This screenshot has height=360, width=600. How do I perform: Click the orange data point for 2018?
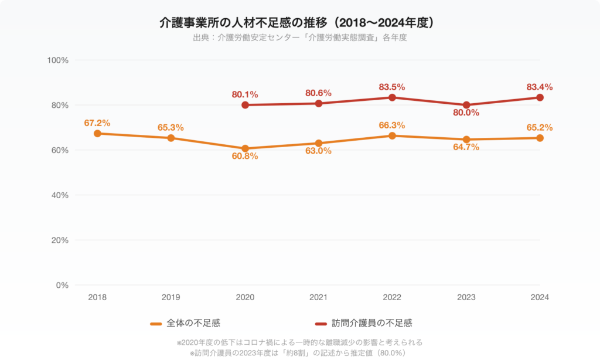[97, 134]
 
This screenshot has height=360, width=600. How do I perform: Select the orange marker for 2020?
[245, 148]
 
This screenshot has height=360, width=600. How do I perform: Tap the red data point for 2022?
[393, 97]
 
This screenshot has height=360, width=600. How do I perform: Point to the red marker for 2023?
[466, 105]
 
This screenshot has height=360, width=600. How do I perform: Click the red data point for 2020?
[245, 105]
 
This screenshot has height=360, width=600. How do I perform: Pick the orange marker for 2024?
[540, 138]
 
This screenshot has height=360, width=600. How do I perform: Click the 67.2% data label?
[97, 123]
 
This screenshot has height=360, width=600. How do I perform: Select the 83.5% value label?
[393, 87]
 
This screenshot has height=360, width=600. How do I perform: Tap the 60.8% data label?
[245, 157]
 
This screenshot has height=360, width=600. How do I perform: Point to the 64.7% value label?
[466, 147]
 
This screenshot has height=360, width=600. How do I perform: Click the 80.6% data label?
[319, 93]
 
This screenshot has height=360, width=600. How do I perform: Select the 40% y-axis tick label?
[60, 195]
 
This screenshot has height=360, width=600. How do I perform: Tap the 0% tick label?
[63, 285]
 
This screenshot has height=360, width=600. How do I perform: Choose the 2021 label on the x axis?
[319, 297]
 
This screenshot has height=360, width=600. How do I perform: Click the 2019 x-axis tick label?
[171, 297]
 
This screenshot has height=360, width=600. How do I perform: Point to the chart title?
[299, 23]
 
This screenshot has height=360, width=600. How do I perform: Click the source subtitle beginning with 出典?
[299, 38]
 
